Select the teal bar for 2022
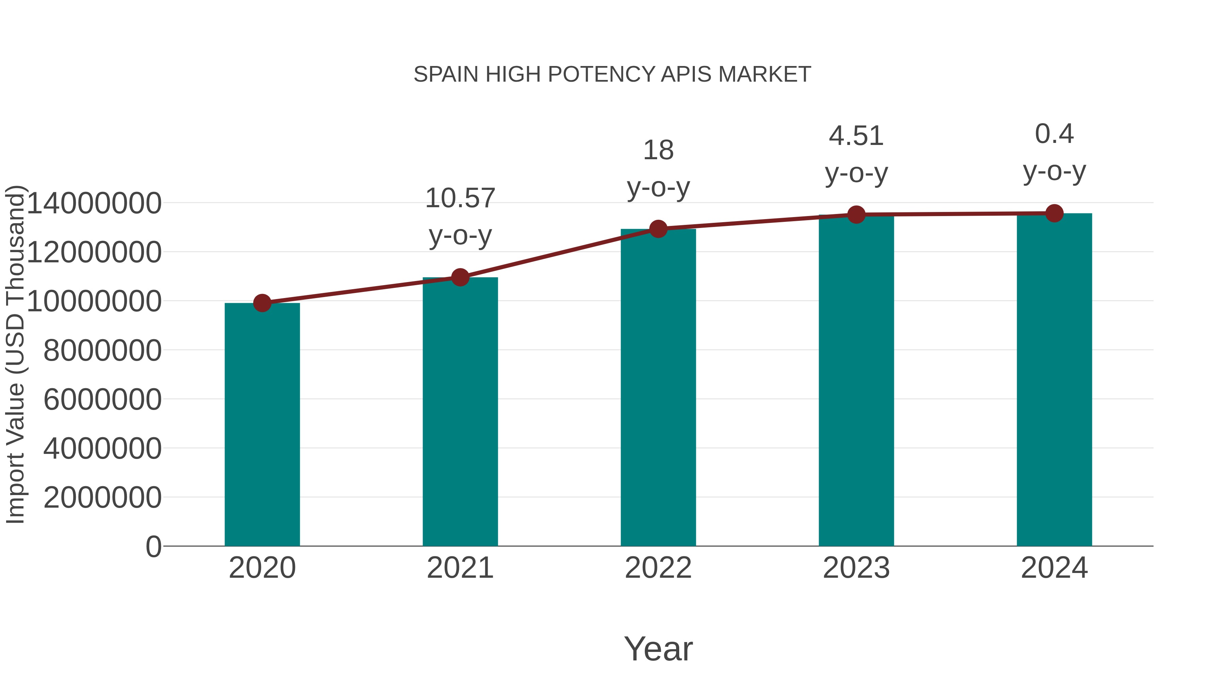(x=658, y=388)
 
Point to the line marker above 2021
(x=460, y=277)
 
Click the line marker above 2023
(x=856, y=215)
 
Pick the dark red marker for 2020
(x=262, y=303)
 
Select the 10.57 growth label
(x=460, y=198)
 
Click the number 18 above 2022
(x=658, y=151)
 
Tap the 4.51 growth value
(x=856, y=136)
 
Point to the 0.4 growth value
(x=1054, y=134)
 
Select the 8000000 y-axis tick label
(x=102, y=350)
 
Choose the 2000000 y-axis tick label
(x=102, y=497)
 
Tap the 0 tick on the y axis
(x=153, y=546)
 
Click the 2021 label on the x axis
(x=460, y=568)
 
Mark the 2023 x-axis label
(x=856, y=568)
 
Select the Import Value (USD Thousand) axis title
(x=15, y=354)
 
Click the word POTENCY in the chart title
(x=602, y=75)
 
